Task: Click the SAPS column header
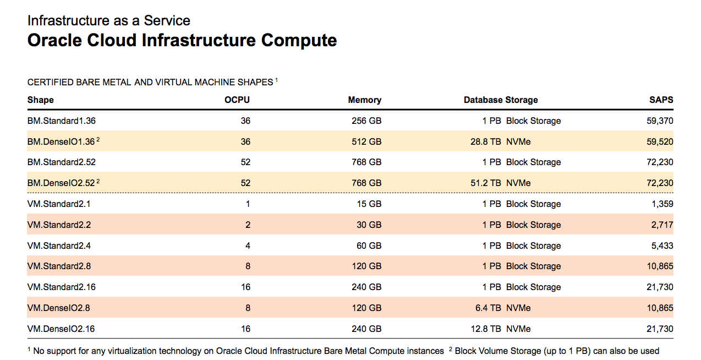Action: click(661, 100)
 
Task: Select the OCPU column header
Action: click(237, 100)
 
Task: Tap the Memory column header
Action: click(364, 100)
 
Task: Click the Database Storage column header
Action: click(501, 100)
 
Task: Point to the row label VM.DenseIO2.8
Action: click(59, 308)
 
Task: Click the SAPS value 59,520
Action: click(660, 142)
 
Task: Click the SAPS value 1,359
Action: click(662, 204)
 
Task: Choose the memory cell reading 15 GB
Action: click(370, 204)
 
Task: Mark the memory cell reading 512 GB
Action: click(366, 142)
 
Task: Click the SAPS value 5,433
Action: click(662, 246)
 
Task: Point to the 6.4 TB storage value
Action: click(488, 308)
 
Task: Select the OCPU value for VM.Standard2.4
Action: click(248, 246)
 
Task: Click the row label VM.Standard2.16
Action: click(61, 287)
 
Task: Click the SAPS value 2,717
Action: click(662, 225)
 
